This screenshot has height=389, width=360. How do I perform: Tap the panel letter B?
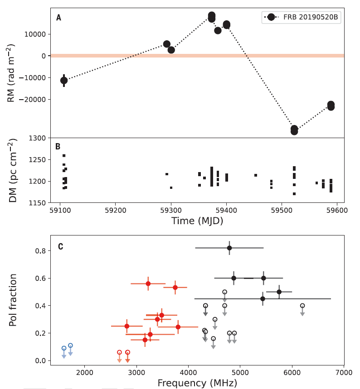[58, 147]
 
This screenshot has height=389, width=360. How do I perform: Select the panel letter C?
[60, 247]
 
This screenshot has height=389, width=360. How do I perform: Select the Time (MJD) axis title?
[197, 221]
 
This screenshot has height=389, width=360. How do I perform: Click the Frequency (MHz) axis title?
[197, 383]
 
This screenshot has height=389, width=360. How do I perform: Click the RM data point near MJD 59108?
[64, 80]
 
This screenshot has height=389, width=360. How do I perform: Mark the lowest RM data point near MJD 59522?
[294, 131]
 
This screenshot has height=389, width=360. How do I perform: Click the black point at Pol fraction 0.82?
[229, 248]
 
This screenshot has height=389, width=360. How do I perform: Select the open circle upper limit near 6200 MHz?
[302, 306]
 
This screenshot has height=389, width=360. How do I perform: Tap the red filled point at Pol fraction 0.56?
[148, 283]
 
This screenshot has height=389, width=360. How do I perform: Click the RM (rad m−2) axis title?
[13, 73]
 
